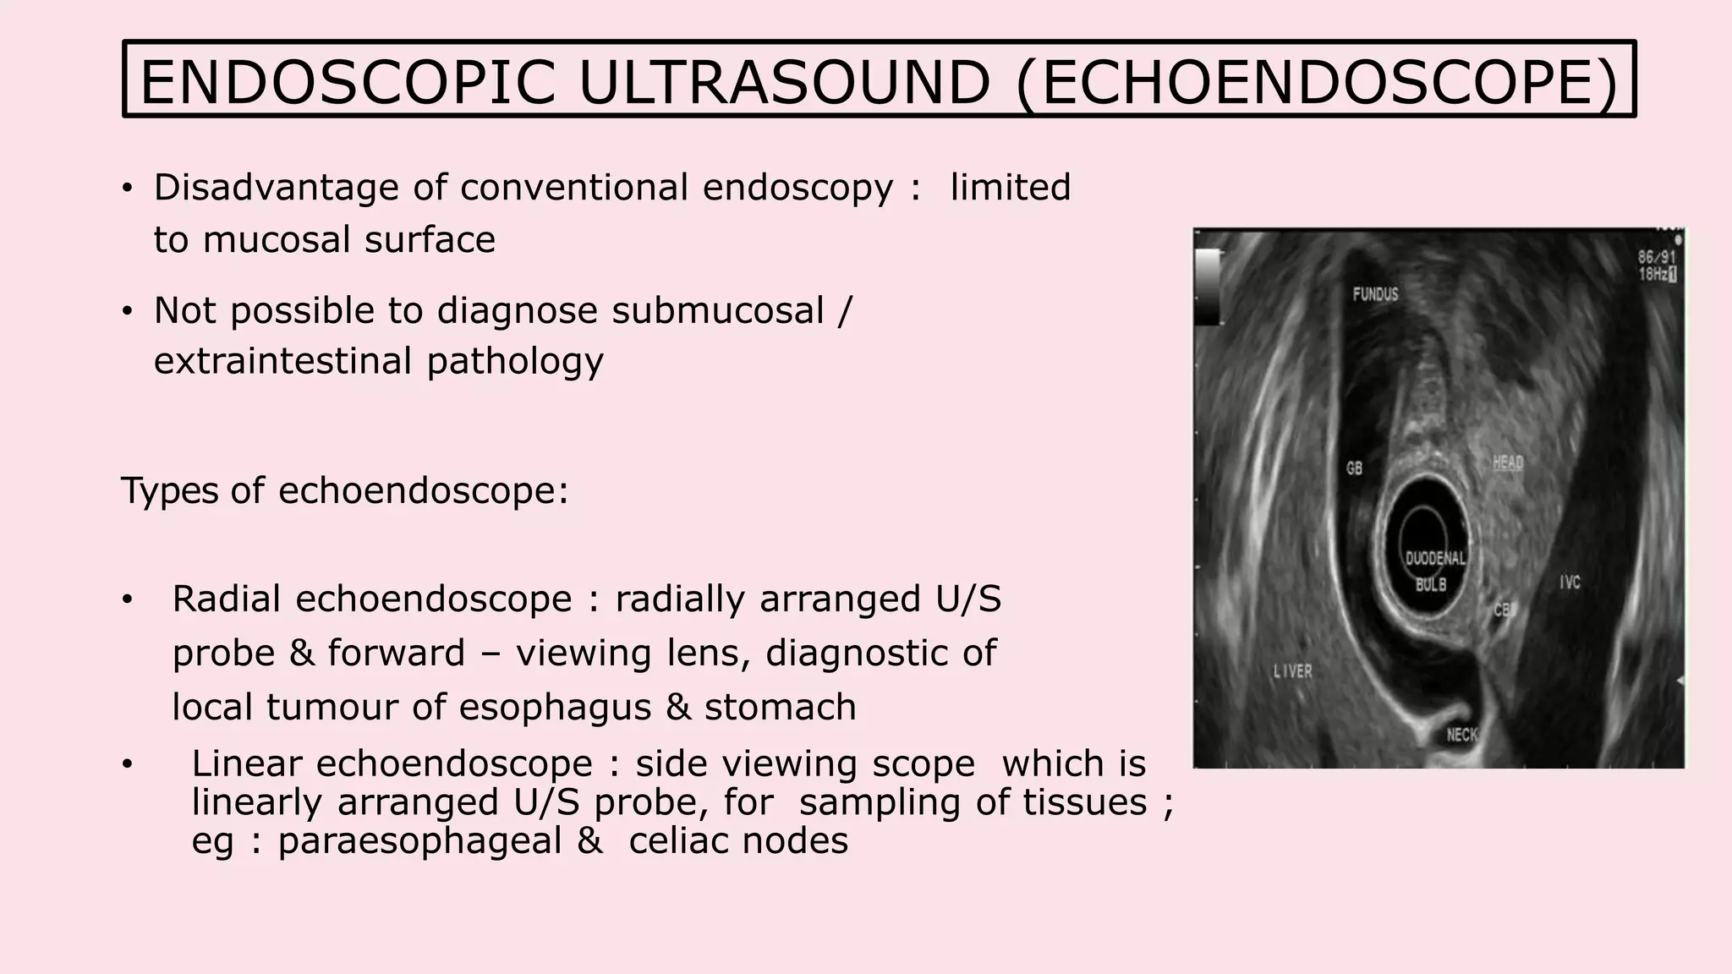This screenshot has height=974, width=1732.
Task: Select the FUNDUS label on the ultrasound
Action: coord(1375,294)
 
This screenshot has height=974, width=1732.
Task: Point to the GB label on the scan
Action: coord(1354,468)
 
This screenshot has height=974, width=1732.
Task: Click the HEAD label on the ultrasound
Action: coord(1508,462)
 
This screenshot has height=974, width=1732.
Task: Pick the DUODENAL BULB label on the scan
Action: coord(1434,571)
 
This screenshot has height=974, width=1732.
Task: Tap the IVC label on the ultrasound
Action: coord(1570,583)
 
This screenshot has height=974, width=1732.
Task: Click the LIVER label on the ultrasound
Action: coord(1293,671)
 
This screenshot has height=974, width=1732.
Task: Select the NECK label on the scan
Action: coord(1462,735)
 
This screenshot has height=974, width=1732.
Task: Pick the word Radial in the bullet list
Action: coord(227,599)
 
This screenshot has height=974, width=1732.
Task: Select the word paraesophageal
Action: coord(419,841)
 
